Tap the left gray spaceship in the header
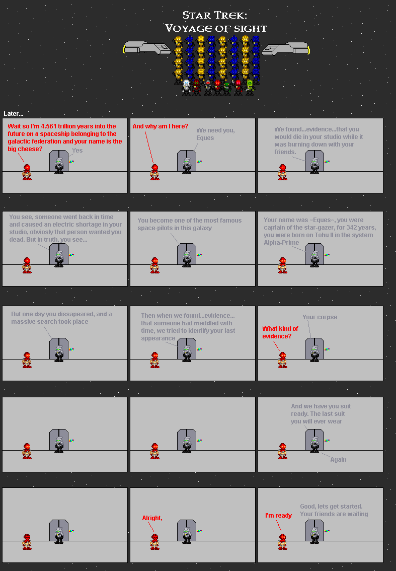(147, 48)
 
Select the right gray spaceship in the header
(285, 49)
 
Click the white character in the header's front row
(186, 87)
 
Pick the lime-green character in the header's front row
(249, 87)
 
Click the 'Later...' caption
(13, 114)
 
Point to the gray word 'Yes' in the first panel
(77, 151)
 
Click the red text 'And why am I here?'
(160, 126)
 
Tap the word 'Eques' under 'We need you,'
(205, 138)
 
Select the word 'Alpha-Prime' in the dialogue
(281, 243)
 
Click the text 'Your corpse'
(320, 317)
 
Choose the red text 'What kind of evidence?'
(280, 332)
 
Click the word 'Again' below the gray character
(338, 460)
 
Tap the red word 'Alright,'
(152, 518)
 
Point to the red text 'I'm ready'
(278, 516)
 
